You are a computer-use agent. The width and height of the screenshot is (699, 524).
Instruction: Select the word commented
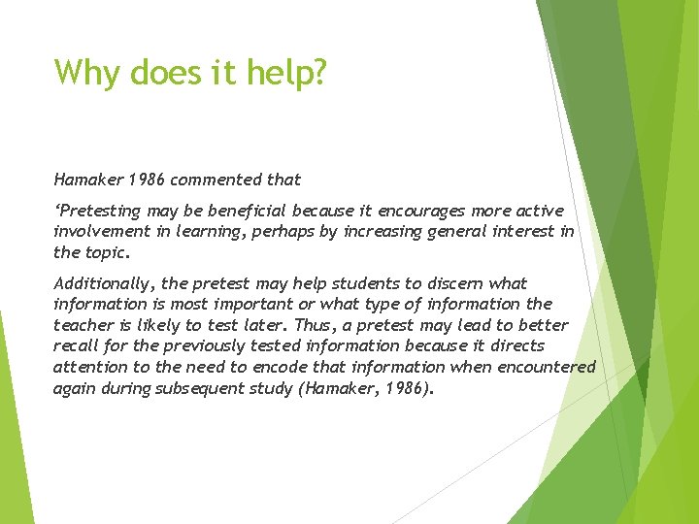point(206,179)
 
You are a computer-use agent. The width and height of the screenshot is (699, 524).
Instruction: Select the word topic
point(107,252)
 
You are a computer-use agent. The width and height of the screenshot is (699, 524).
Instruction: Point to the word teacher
point(83,324)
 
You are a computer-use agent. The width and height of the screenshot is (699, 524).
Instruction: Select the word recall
point(76,345)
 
